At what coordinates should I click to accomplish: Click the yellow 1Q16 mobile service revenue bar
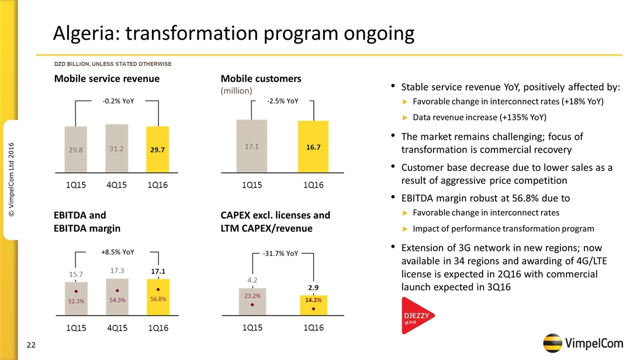click(157, 149)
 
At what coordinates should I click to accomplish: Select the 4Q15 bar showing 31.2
click(116, 148)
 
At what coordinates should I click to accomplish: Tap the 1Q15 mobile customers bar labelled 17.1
click(251, 146)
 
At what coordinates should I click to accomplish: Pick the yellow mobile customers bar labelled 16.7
click(313, 147)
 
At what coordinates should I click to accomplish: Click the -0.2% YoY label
click(118, 101)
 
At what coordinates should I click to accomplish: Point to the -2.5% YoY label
click(282, 101)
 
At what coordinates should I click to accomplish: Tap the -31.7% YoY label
click(281, 254)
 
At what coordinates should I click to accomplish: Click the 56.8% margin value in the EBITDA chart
click(158, 299)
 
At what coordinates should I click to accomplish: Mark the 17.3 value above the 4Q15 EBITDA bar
click(117, 271)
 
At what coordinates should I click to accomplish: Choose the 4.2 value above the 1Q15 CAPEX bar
click(252, 281)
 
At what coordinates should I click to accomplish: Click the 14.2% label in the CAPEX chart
click(313, 299)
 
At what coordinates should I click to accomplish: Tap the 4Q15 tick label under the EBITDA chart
click(117, 328)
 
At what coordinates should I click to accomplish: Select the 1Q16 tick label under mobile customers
click(313, 185)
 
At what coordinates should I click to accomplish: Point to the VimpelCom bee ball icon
click(553, 343)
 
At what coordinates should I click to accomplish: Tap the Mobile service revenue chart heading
click(107, 78)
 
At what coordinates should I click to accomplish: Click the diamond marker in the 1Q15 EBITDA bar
click(76, 290)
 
